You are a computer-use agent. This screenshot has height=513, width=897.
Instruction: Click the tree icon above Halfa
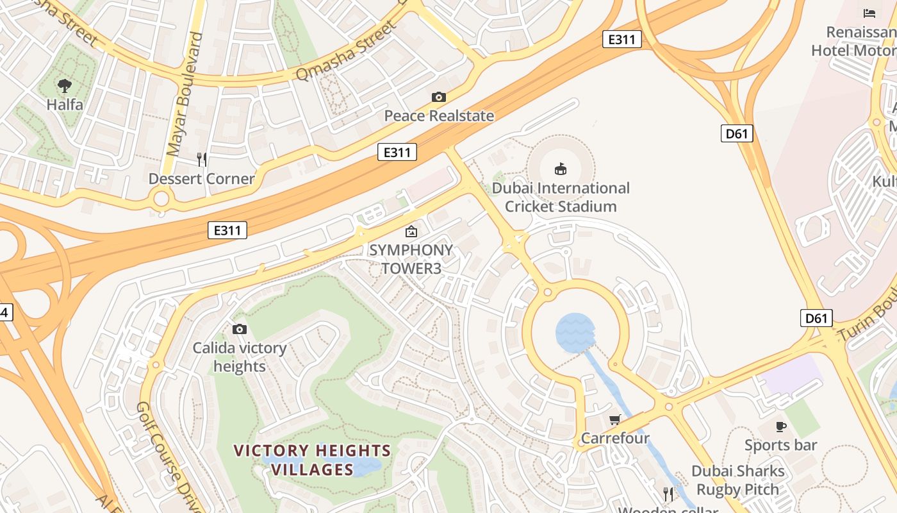(x=64, y=85)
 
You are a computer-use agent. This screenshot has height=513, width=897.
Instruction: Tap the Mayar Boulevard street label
(x=184, y=95)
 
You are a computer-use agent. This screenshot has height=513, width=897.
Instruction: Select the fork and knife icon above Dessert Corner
(x=201, y=159)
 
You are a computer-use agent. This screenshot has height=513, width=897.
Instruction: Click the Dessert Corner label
(x=201, y=178)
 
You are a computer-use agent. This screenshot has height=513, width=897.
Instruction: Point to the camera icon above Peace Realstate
(x=439, y=97)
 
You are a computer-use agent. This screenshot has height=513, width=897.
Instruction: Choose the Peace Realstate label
(x=439, y=116)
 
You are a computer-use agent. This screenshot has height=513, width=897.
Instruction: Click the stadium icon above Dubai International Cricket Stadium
(x=561, y=169)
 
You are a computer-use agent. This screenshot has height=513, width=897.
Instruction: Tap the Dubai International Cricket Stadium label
(x=561, y=198)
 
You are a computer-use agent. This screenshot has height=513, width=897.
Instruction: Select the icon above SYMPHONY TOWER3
(x=411, y=231)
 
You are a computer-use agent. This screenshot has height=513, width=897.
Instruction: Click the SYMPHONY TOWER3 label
(x=411, y=259)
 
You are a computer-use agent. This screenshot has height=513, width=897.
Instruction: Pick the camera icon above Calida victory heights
(x=240, y=329)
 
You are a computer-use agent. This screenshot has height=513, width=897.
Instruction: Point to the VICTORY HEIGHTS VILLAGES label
(x=312, y=460)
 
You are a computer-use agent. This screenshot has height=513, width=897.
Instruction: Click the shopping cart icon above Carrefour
(x=615, y=419)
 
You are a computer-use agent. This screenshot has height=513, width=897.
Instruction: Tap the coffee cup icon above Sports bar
(x=780, y=426)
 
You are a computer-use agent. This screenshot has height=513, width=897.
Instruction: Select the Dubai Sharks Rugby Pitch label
(x=737, y=480)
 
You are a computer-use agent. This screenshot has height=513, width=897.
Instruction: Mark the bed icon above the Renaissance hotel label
(x=869, y=13)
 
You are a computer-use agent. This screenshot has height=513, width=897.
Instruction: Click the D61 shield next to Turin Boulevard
(x=816, y=317)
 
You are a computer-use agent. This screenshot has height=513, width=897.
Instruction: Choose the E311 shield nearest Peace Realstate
(x=397, y=152)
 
